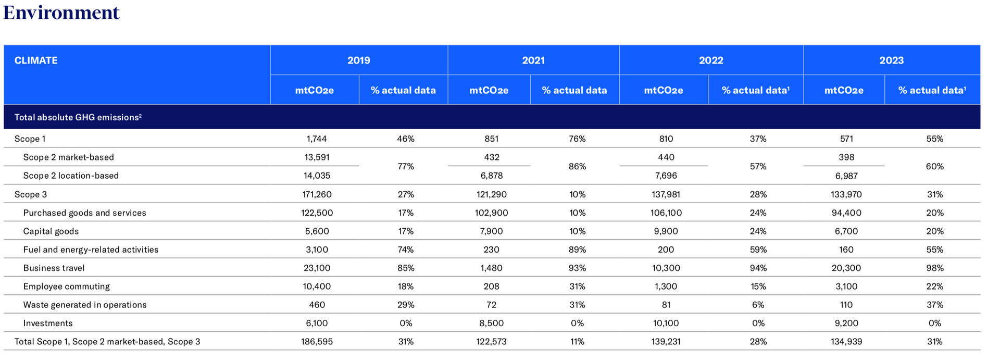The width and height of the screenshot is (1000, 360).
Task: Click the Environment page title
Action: point(61,12)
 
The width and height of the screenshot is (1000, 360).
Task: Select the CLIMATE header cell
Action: point(36,60)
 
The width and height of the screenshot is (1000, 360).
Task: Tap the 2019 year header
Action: point(359,60)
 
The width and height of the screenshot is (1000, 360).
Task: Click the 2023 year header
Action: point(892,60)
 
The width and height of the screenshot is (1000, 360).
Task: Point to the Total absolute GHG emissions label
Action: point(78,117)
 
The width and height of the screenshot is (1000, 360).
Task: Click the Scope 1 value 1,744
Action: point(317,139)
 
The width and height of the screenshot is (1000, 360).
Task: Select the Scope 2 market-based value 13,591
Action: point(317,157)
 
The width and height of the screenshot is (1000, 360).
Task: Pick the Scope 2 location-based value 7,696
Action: point(666,176)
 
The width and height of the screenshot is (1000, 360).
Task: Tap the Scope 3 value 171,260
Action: point(317,194)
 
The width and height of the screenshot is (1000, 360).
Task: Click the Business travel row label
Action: point(54,268)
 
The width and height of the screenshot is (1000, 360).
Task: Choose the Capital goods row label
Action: point(51,231)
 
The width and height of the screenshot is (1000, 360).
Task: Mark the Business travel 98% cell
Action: point(935,268)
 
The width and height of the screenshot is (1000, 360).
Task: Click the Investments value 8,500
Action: point(491,323)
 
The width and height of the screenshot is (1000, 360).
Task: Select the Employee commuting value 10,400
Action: point(317,287)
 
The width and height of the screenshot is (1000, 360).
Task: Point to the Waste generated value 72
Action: point(491,305)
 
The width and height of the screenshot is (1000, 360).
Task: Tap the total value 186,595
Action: point(317,342)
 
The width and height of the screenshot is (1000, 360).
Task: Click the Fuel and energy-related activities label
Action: point(91,250)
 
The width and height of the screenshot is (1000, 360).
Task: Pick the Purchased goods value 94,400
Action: point(846,213)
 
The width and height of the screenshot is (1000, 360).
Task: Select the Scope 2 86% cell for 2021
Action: point(578,166)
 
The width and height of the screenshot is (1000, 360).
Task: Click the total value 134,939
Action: point(846,342)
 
